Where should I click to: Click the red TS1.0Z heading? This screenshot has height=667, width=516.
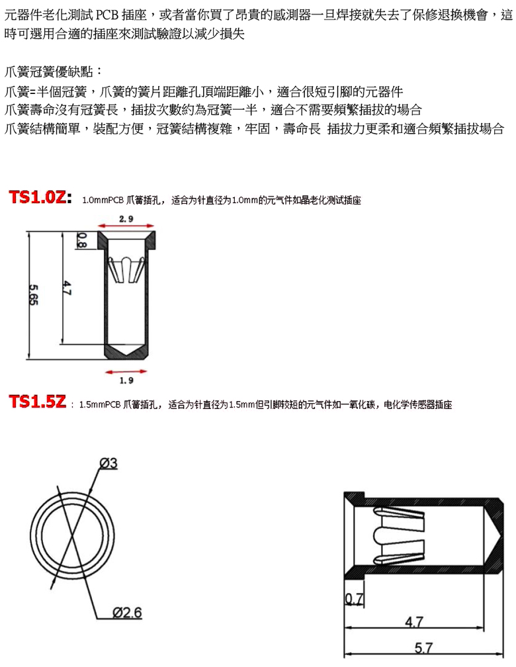point(40,197)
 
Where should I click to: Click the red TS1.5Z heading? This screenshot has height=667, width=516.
point(38,402)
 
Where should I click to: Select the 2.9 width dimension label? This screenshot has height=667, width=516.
point(126,218)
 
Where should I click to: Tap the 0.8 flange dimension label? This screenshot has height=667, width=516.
point(81,240)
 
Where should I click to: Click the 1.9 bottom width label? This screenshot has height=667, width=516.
point(126,380)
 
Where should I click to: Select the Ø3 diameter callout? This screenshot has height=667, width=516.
point(108,463)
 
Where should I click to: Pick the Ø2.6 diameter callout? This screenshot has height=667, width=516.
point(127,613)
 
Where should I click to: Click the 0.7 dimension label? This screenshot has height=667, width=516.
point(354,599)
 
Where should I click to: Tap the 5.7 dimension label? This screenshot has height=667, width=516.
point(423,648)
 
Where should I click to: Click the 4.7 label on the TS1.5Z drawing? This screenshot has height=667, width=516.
point(414,622)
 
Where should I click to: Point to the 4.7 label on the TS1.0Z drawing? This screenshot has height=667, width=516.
point(67,289)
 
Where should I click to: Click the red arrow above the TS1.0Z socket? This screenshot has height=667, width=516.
point(126,226)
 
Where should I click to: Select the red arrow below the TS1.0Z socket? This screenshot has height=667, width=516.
point(126,372)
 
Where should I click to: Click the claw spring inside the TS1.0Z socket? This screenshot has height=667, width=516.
point(126,269)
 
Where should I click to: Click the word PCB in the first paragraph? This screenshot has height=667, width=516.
point(108,15)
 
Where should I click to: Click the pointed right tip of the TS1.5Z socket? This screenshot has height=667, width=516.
point(502,537)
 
